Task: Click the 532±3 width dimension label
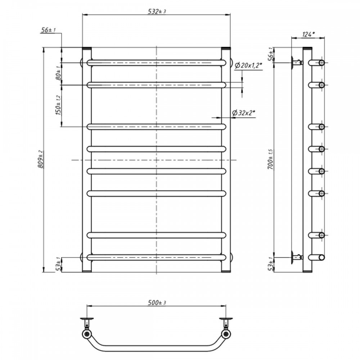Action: pyautogui.click(x=157, y=11)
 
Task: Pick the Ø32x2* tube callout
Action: pyautogui.click(x=244, y=113)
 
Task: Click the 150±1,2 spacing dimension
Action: pyautogui.click(x=58, y=105)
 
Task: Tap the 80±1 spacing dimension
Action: pyautogui.click(x=58, y=73)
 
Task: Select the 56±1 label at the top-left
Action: pyautogui.click(x=48, y=30)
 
